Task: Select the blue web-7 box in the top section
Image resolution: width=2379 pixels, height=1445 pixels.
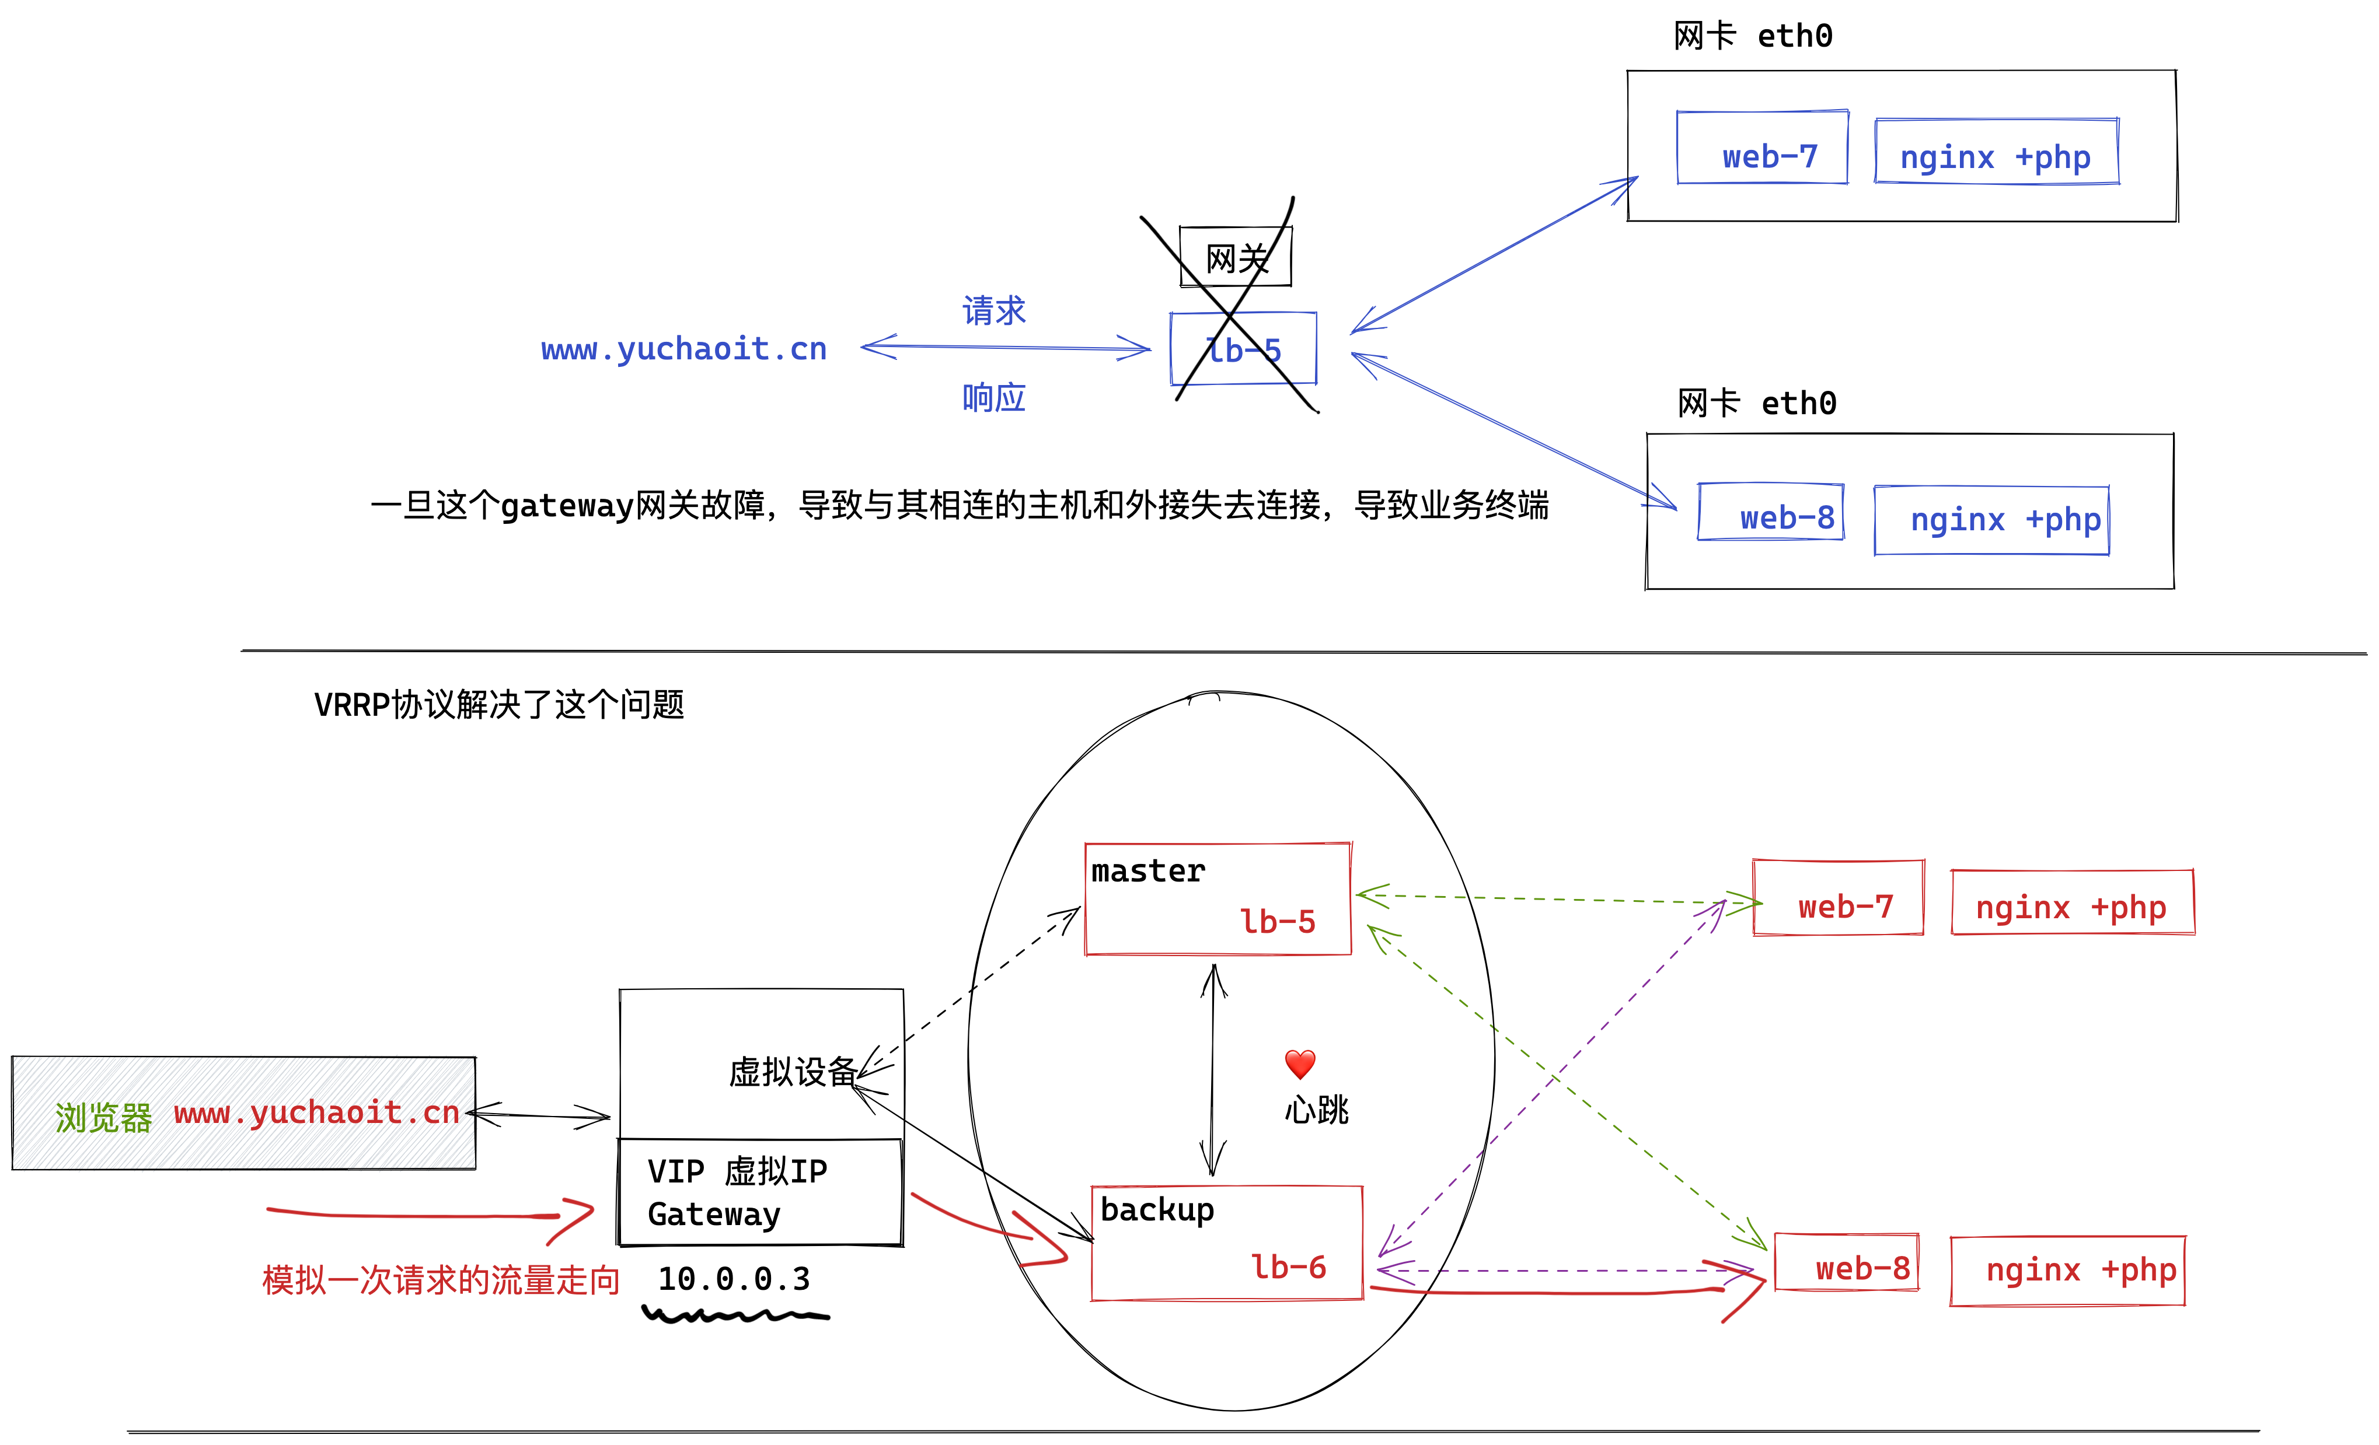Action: tap(1763, 148)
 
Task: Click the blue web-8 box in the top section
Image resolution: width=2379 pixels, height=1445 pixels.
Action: tap(1771, 513)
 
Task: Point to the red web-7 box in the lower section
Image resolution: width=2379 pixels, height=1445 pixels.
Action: tap(1839, 898)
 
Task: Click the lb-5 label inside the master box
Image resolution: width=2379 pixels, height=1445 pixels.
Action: tap(1278, 922)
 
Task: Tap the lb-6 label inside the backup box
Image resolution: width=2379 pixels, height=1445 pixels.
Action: tap(1288, 1266)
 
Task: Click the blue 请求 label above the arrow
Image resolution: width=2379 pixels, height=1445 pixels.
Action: tap(993, 311)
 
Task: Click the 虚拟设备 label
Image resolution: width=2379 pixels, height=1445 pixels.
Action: tap(791, 1072)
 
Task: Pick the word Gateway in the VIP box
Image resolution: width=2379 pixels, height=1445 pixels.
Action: tap(713, 1215)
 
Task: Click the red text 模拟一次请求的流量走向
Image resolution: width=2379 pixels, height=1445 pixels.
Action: tap(440, 1280)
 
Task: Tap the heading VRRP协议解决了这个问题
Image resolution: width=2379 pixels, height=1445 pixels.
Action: tap(499, 705)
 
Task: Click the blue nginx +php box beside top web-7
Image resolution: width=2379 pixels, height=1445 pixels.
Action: tap(1996, 152)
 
